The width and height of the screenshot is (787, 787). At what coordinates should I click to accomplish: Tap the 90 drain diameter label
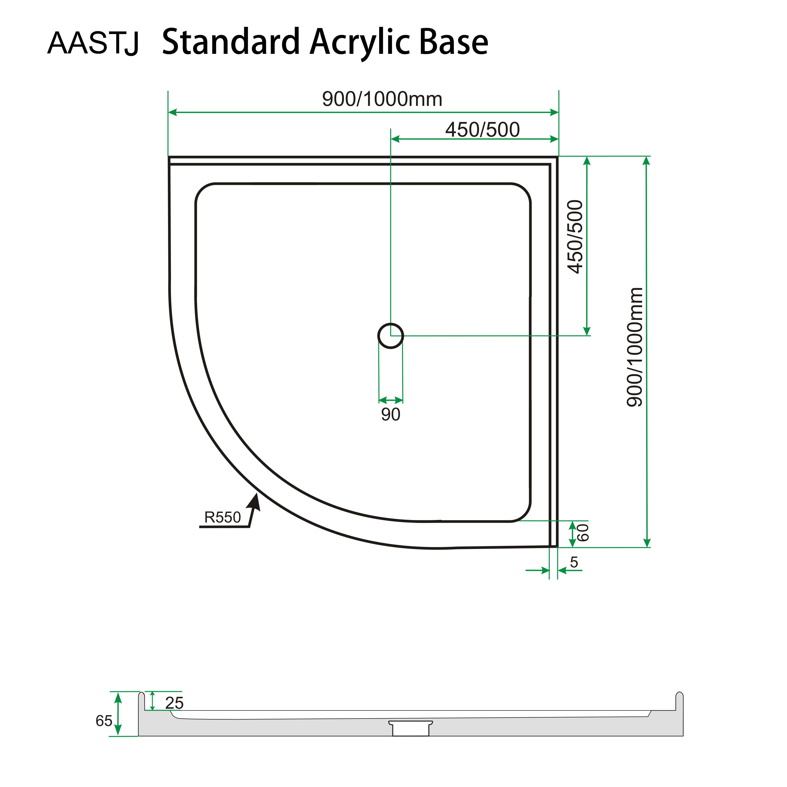click(x=390, y=415)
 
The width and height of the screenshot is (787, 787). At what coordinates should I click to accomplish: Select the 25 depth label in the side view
click(x=174, y=703)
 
